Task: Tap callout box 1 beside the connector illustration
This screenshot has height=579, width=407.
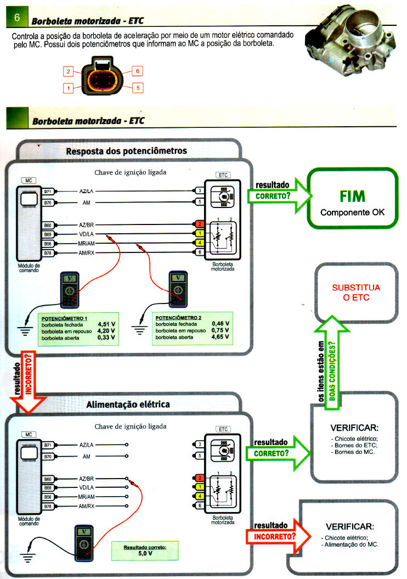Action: [69, 87]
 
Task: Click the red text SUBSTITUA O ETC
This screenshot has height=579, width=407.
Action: [356, 292]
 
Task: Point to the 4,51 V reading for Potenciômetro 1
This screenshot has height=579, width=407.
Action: [105, 324]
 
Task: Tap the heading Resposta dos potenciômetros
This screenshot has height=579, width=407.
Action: [127, 150]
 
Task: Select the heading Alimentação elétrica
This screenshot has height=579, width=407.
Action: [128, 404]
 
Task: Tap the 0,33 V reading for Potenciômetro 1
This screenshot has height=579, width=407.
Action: [105, 338]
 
